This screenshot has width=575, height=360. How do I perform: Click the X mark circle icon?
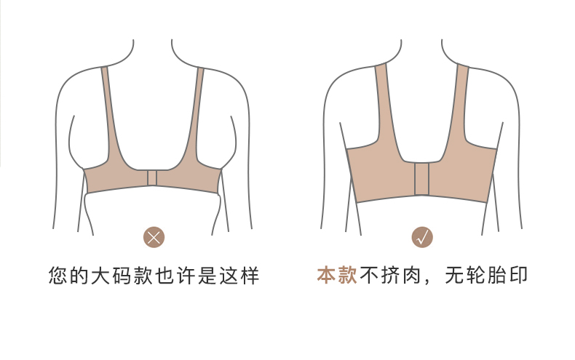(x=154, y=236)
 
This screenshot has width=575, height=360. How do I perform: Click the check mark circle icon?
(x=422, y=236)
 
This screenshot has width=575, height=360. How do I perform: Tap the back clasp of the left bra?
(x=153, y=179)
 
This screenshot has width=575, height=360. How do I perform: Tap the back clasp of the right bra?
(x=421, y=179)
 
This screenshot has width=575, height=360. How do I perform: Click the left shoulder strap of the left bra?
(x=111, y=116)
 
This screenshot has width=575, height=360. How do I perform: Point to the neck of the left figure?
(x=154, y=51)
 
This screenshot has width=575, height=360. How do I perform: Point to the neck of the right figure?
(x=421, y=51)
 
